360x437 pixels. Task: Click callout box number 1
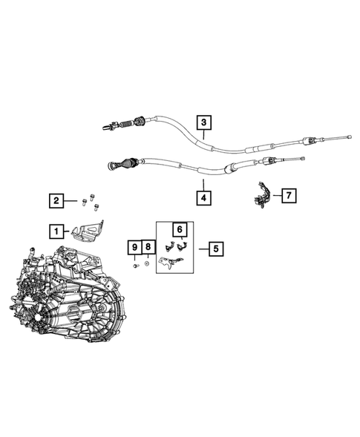[56, 231]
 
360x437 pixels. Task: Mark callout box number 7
[287, 196]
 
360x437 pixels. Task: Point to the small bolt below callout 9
[134, 264]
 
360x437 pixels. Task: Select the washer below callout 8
[148, 263]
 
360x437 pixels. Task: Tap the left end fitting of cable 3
[108, 127]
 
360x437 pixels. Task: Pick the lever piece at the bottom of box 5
[170, 260]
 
